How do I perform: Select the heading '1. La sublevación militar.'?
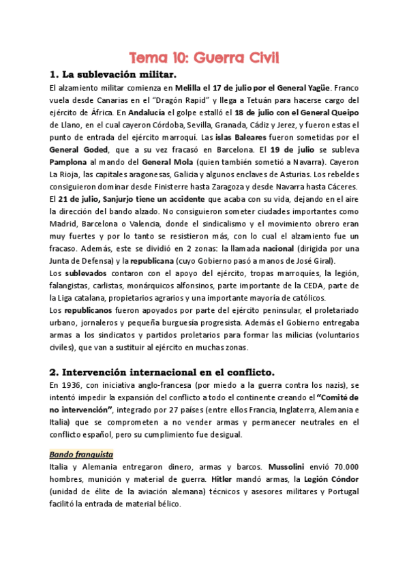coord(112,74)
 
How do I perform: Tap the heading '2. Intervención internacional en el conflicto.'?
coord(162,371)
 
